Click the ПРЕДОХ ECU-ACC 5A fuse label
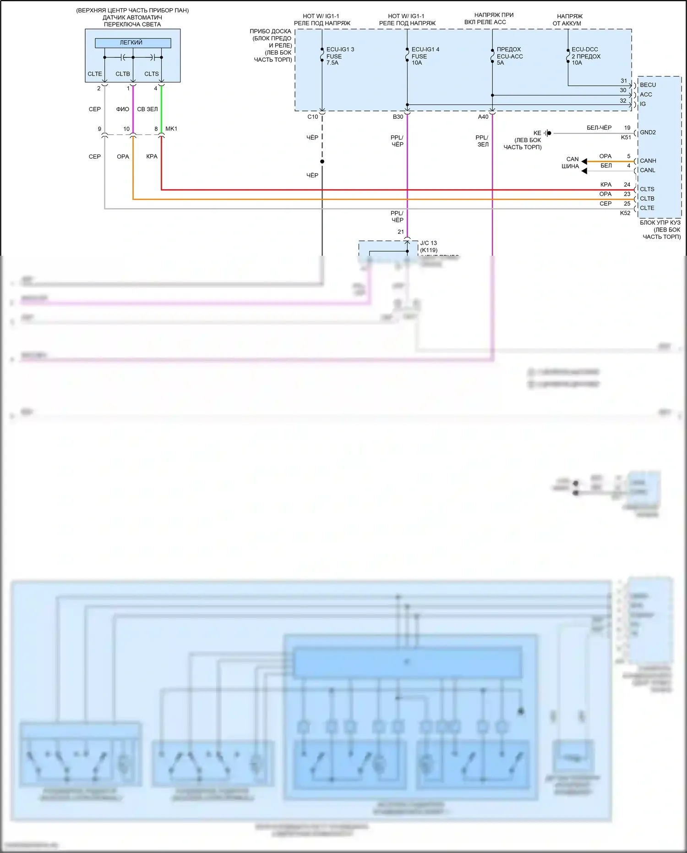coord(509,56)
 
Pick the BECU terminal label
coord(648,85)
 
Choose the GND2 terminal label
coord(648,132)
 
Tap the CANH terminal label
coord(648,161)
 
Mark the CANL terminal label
coord(647,170)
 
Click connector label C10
coord(312,117)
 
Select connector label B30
coord(398,117)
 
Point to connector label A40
coord(483,117)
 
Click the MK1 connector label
coord(171,129)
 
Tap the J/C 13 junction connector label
coord(428,243)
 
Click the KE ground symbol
coord(548,133)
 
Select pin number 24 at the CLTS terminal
coord(627,185)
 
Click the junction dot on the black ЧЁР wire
coord(322,161)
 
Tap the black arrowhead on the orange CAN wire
coord(584,161)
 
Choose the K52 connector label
coord(625,213)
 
